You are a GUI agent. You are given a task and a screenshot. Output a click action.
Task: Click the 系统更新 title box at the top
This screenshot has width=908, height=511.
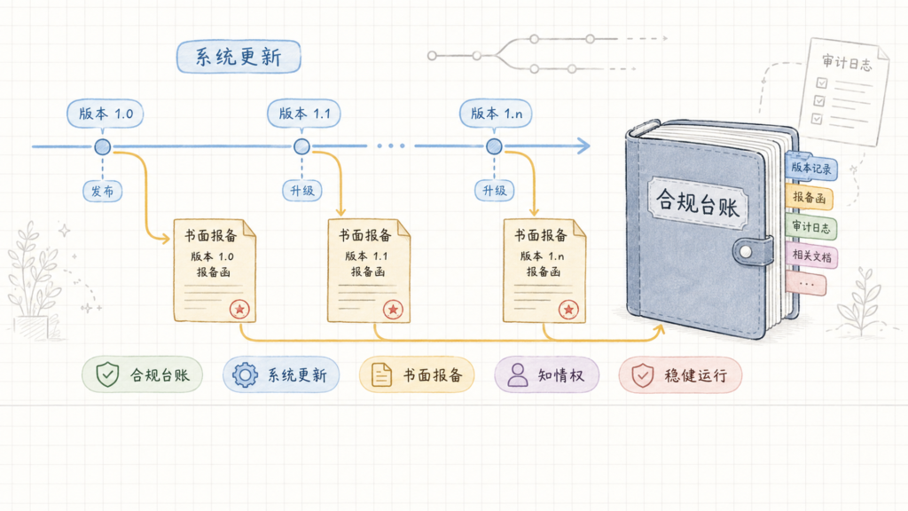coord(239,57)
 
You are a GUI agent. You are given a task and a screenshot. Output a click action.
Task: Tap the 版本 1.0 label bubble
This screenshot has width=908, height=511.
coord(106,114)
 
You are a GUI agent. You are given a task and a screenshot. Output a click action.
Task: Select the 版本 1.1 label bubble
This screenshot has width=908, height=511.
coord(304,114)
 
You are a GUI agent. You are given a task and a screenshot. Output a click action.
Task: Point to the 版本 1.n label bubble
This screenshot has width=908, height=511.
coord(496,114)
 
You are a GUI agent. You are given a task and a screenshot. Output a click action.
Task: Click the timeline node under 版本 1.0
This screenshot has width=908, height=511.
coord(103,146)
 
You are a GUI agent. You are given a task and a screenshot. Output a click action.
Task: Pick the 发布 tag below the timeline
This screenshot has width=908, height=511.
coord(103,191)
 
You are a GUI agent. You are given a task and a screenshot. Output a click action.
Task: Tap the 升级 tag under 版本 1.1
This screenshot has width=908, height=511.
coord(301,191)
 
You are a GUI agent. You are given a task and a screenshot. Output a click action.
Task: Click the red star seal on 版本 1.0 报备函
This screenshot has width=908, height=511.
coord(239,310)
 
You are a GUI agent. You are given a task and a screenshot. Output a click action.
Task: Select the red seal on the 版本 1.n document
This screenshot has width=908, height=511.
coord(568,310)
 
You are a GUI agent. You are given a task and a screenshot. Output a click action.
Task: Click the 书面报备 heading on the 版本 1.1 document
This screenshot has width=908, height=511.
coord(364,235)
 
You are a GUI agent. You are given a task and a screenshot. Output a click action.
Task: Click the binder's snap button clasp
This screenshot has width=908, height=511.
coord(746,252)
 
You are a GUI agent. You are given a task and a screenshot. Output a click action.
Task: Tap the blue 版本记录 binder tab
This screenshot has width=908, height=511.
coord(811,168)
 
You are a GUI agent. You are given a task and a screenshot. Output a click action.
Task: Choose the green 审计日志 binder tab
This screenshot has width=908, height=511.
coord(810,227)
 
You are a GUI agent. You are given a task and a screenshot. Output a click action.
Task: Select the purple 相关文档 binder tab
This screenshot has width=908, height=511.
coord(811,255)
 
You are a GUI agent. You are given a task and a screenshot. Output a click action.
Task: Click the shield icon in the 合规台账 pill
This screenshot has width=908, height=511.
coord(107,375)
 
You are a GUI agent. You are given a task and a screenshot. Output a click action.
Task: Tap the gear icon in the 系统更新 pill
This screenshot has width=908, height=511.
coord(245,375)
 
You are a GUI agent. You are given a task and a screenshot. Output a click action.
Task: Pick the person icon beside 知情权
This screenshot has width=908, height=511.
coord(518,375)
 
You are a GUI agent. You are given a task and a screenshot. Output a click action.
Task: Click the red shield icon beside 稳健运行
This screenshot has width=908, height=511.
coord(642,375)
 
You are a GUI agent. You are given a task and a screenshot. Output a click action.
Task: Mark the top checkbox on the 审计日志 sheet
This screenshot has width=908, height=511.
coord(822,83)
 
